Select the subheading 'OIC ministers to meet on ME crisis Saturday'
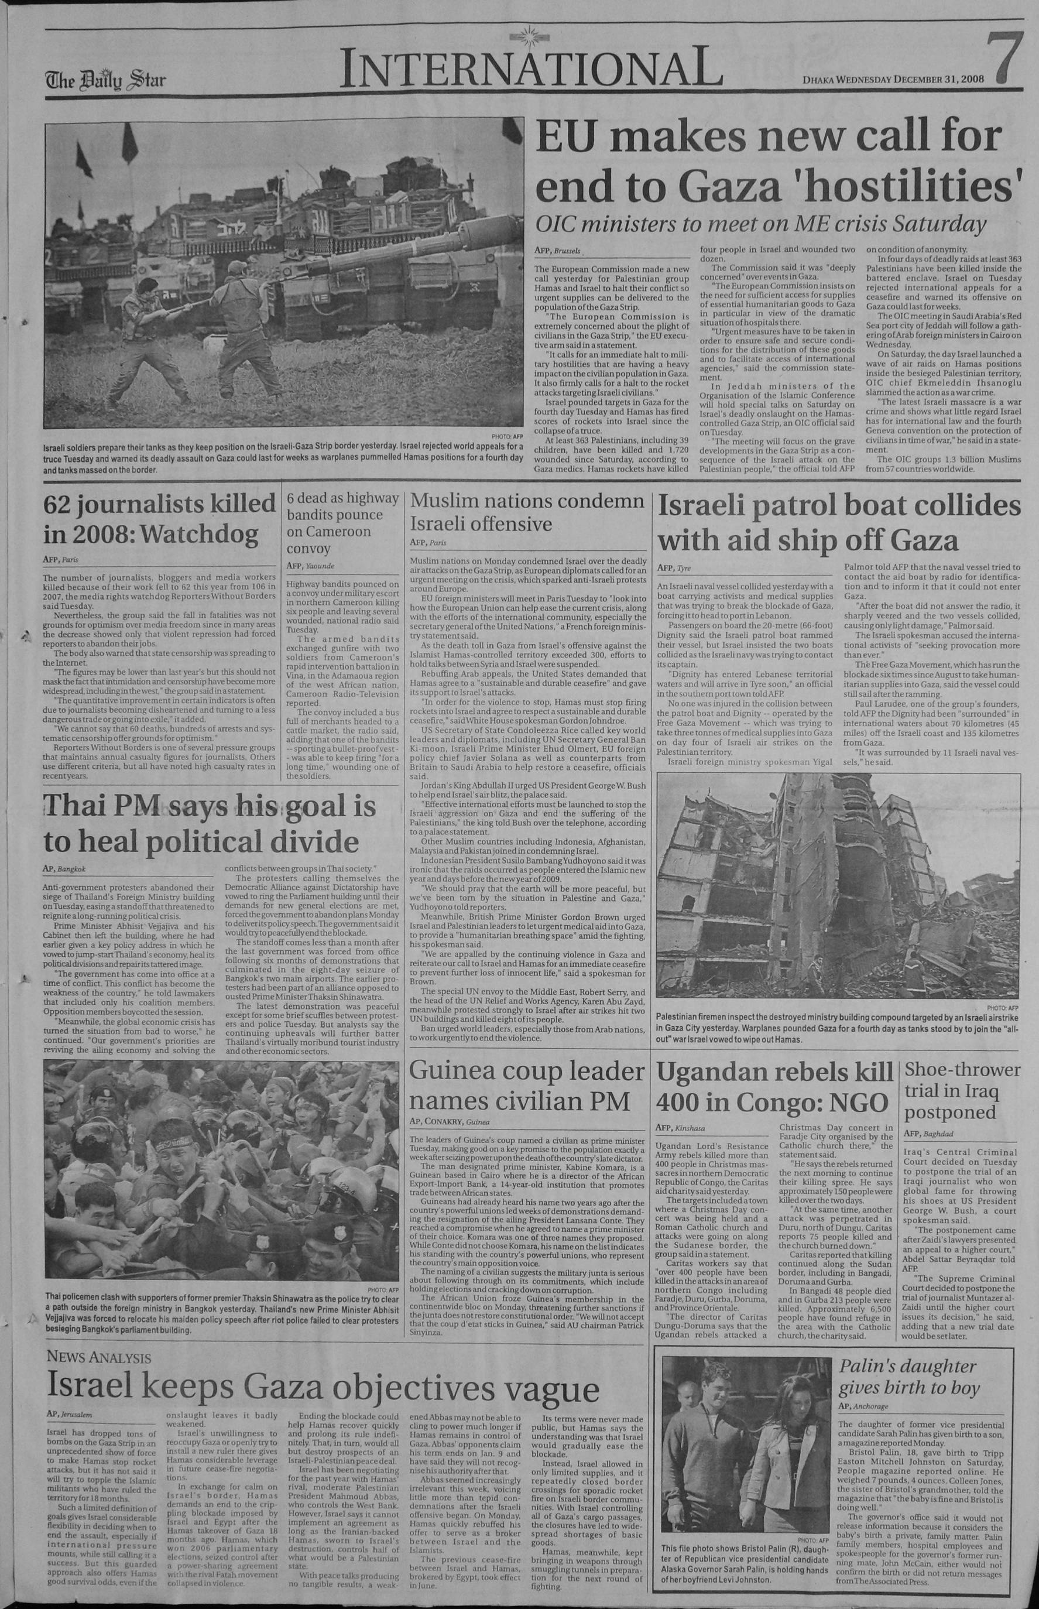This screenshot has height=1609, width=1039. (760, 224)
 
